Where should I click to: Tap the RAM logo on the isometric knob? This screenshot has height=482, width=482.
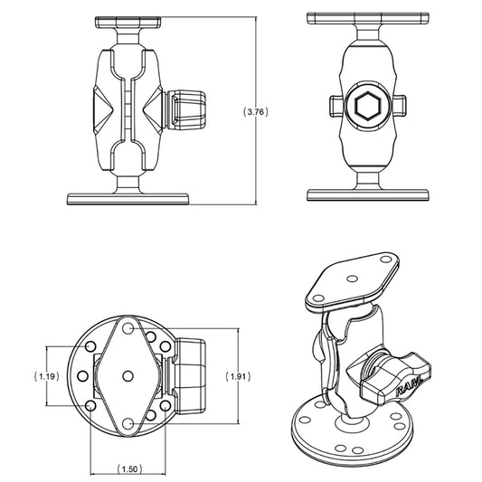(x=408, y=389)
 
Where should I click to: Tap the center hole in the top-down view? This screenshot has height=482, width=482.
(x=128, y=374)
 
